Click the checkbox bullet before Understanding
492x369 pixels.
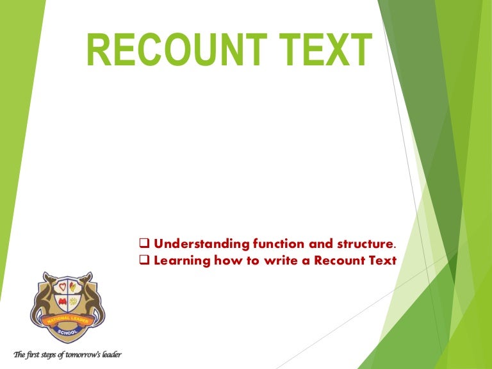[x=144, y=244]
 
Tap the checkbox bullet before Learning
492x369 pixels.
[x=144, y=261]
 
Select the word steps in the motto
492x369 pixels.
[x=45, y=354]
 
